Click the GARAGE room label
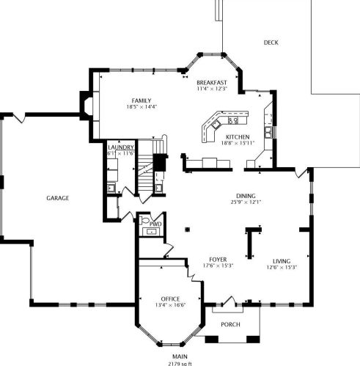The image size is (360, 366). [58, 198]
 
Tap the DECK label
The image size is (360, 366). [271, 43]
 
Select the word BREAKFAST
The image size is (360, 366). [212, 82]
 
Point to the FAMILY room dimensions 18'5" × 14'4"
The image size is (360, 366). [142, 107]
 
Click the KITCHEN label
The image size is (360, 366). [238, 137]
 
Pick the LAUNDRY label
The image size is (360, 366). [121, 147]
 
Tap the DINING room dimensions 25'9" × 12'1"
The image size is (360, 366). [246, 202]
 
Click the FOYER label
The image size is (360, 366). [218, 260]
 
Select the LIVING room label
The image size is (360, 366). [282, 261]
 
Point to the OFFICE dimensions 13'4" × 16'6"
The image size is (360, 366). [170, 305]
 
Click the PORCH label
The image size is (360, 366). [230, 324]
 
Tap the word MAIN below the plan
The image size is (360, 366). [180, 356]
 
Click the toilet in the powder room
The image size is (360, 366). [144, 220]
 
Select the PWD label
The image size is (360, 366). [155, 224]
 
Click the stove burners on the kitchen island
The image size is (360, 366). [233, 120]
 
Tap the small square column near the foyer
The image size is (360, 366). [188, 230]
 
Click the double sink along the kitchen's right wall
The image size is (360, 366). [268, 133]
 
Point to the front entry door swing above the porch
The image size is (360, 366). [229, 301]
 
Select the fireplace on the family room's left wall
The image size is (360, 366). [87, 106]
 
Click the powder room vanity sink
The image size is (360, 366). [152, 231]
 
